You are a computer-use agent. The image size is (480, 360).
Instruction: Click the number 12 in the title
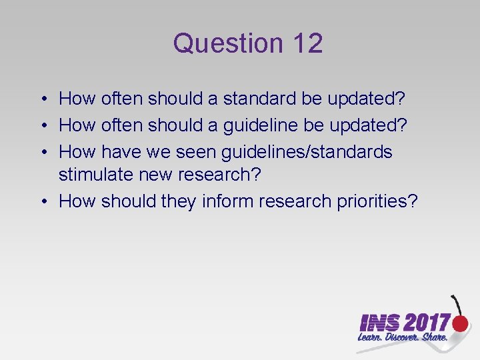tap(307, 43)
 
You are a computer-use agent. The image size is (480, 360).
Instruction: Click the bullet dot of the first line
tap(42, 99)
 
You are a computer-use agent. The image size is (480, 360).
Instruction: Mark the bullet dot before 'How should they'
tap(42, 202)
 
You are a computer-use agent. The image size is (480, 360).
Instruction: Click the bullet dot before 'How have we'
tap(42, 153)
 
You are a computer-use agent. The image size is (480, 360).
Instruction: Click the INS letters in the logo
tap(379, 324)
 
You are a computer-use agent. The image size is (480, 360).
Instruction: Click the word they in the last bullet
tap(176, 201)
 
